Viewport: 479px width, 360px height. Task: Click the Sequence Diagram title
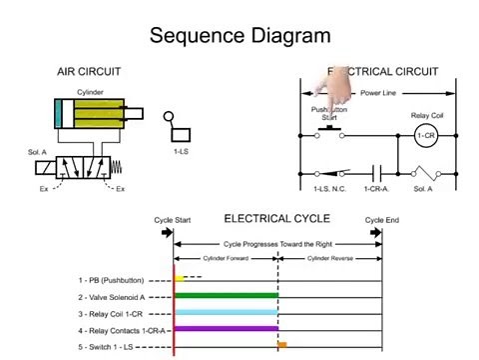(x=239, y=36)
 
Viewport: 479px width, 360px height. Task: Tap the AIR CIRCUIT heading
(x=96, y=72)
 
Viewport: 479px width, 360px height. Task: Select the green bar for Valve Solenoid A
(x=227, y=295)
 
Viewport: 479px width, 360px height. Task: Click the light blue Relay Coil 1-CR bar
(x=227, y=312)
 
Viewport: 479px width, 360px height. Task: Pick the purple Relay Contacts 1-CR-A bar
(x=227, y=328)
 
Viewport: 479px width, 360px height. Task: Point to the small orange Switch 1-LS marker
(x=282, y=345)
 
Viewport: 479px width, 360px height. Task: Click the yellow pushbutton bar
(x=180, y=279)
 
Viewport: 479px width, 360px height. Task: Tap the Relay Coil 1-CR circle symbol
(x=426, y=135)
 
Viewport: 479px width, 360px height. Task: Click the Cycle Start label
(x=172, y=218)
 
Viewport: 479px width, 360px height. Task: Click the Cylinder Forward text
(x=226, y=257)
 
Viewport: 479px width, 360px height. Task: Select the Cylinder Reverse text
(x=330, y=257)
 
